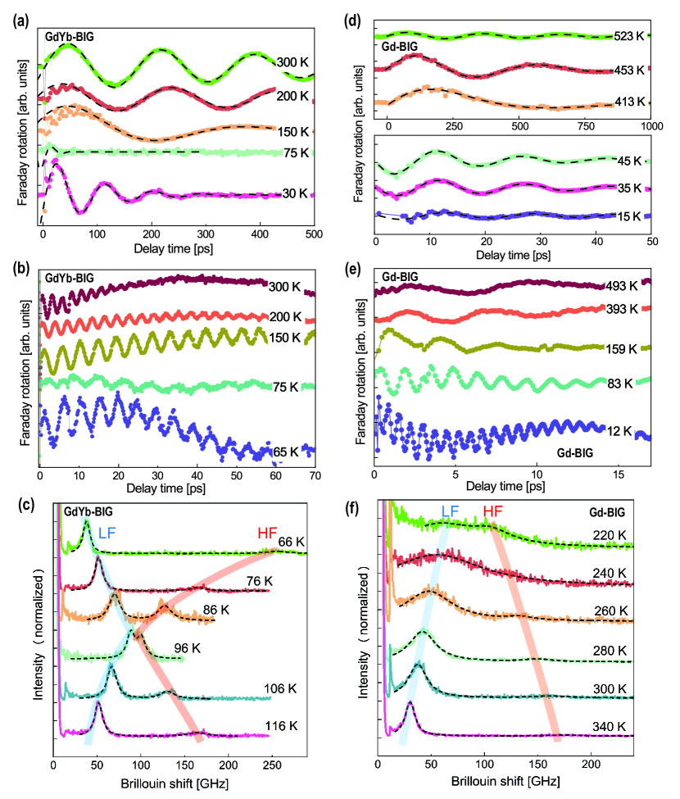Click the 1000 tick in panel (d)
coord(651,128)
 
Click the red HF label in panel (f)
coord(492,511)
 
